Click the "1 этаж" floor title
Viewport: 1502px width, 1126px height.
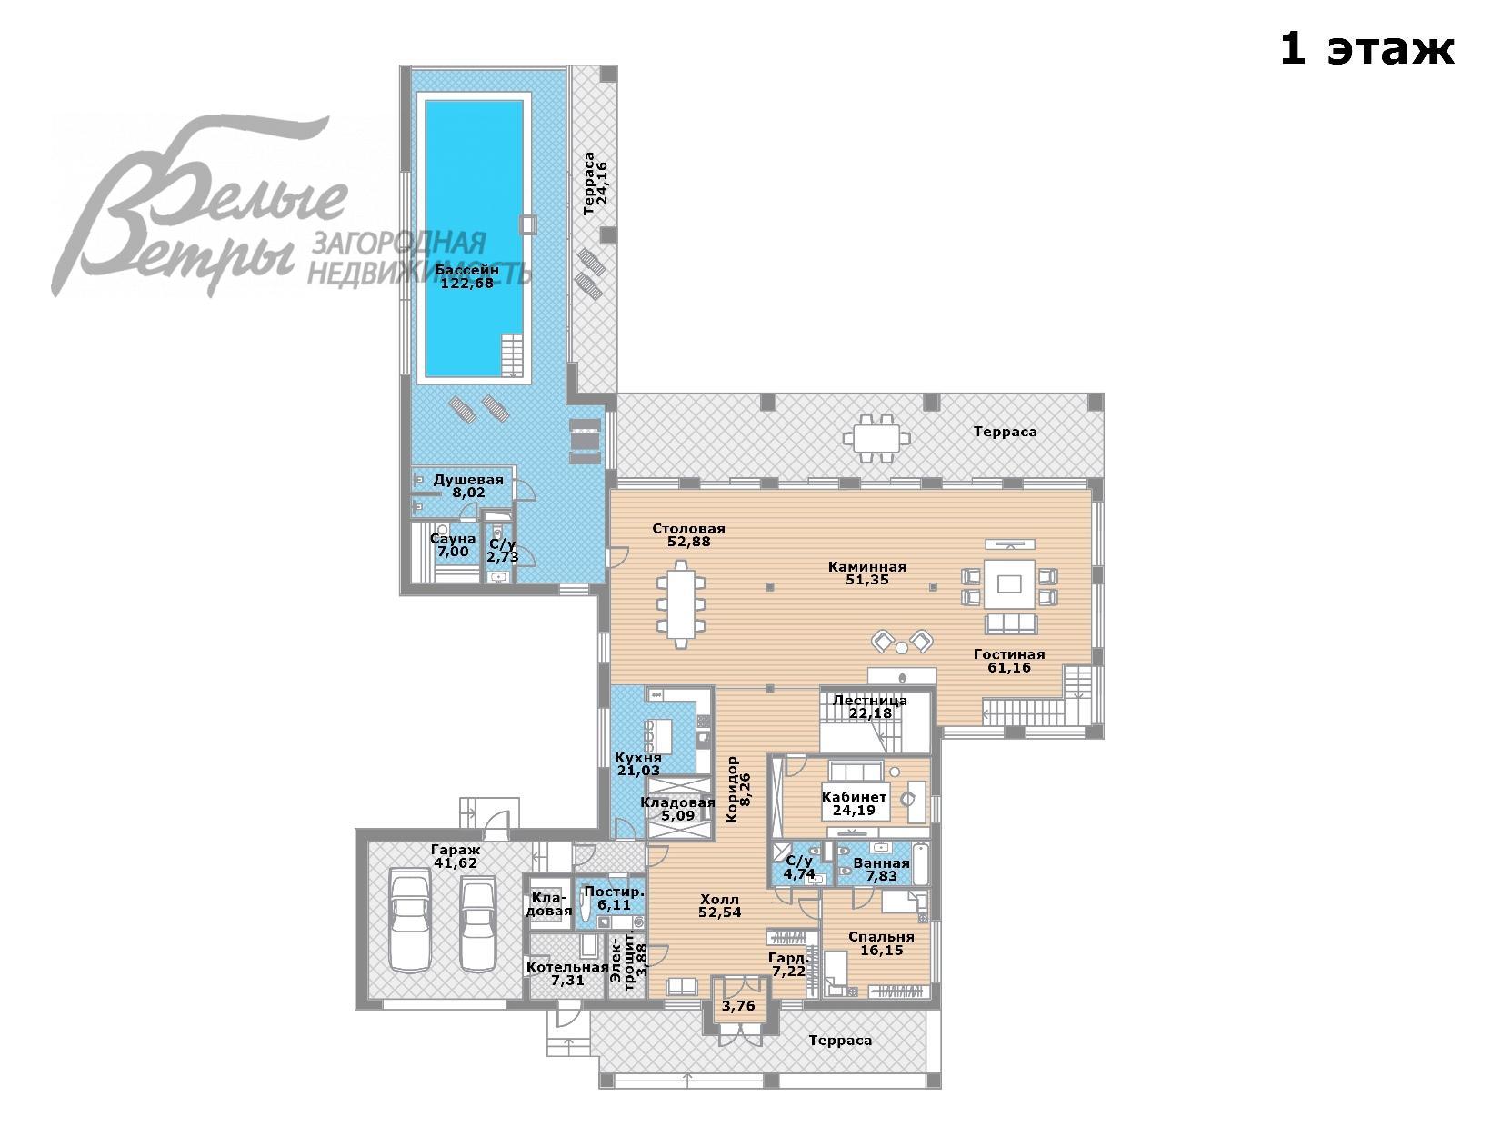click(x=1367, y=49)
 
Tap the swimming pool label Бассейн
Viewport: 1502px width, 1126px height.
click(x=466, y=270)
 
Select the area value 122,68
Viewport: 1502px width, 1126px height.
click(x=466, y=283)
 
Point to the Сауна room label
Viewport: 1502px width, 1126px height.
click(x=453, y=539)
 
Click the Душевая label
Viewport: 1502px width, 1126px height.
click(x=468, y=479)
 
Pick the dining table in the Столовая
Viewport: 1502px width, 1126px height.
click(x=681, y=604)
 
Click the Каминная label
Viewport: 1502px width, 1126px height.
click(x=867, y=567)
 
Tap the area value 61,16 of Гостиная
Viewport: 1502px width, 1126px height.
click(x=1009, y=667)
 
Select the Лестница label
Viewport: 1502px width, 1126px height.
click(x=870, y=700)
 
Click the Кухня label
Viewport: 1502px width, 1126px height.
click(x=637, y=758)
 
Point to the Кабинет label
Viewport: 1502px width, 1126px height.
click(x=854, y=796)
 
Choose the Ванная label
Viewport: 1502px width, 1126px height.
click(x=881, y=862)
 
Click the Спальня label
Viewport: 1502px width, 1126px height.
click(x=881, y=937)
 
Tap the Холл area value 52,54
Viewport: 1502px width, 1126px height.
click(x=720, y=912)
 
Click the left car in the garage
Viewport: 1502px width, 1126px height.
click(x=410, y=920)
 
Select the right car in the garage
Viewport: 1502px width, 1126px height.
click(x=477, y=923)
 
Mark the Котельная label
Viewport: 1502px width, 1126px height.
click(x=567, y=967)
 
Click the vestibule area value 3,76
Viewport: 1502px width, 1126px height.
click(x=738, y=1006)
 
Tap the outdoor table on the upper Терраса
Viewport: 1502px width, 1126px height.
click(x=876, y=438)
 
